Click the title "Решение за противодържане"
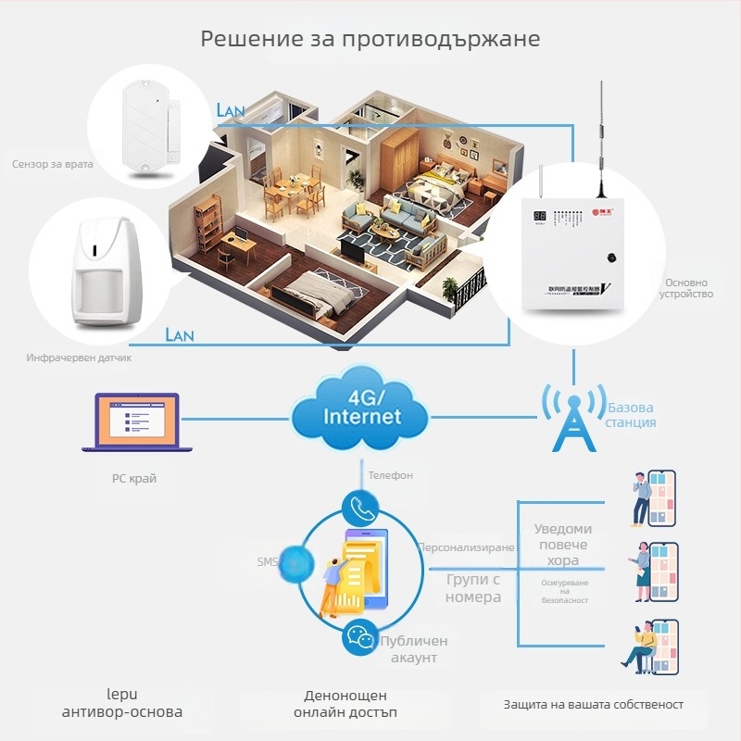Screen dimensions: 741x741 click(370, 39)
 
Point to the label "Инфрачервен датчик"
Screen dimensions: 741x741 click(79, 358)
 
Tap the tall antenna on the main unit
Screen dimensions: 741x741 click(601, 139)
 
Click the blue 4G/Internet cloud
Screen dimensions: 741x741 click(361, 411)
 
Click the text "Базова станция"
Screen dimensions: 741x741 click(632, 415)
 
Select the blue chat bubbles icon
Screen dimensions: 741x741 click(359, 637)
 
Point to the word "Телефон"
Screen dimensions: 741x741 click(390, 475)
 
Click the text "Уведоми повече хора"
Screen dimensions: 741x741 click(562, 545)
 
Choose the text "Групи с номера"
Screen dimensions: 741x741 click(473, 588)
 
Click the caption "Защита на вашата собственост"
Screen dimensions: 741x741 click(594, 705)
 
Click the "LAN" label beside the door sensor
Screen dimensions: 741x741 click(230, 110)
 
